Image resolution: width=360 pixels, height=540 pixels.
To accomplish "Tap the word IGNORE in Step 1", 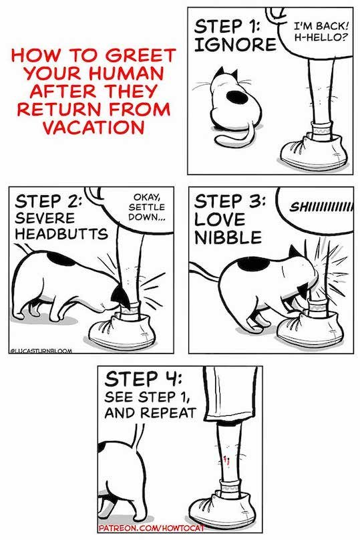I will (234, 46).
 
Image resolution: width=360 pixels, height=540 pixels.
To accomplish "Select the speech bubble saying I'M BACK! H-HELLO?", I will (317, 31).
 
